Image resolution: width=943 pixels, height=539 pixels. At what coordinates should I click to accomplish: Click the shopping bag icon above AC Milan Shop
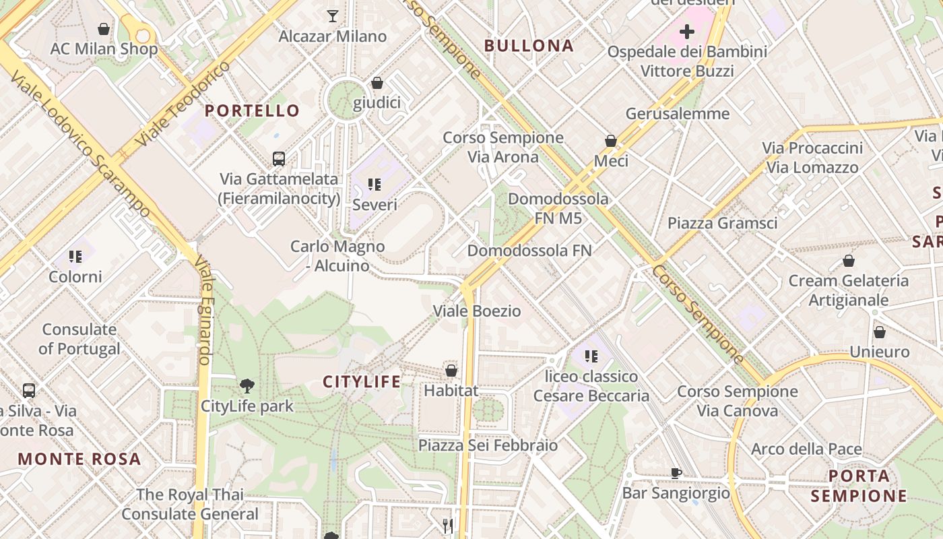(104, 29)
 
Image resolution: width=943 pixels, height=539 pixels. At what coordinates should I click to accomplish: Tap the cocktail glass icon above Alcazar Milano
(332, 15)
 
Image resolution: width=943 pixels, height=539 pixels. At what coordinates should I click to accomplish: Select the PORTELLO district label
(252, 110)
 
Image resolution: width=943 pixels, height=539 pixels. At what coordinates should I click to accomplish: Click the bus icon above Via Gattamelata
(279, 159)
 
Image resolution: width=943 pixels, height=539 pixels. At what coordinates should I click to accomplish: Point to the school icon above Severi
(375, 184)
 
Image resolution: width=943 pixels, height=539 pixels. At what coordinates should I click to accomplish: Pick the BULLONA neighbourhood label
(529, 46)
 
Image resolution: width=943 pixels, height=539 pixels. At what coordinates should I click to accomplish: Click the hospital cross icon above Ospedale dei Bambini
(687, 32)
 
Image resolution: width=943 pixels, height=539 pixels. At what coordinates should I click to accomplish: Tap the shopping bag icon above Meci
(611, 141)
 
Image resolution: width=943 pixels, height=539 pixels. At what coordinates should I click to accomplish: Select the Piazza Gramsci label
(722, 223)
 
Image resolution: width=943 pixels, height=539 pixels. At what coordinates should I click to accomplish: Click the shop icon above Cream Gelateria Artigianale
(849, 261)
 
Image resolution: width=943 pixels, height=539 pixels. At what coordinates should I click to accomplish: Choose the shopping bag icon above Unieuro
(879, 332)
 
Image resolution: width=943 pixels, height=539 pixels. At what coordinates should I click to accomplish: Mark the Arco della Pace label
(806, 449)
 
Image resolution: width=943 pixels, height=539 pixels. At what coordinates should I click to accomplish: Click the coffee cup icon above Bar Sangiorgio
(676, 473)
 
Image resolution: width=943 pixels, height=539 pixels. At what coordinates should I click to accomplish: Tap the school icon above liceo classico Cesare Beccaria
(591, 356)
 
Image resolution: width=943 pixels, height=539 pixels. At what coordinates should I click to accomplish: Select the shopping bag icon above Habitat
(451, 371)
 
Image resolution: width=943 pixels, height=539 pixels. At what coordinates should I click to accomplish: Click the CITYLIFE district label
(362, 382)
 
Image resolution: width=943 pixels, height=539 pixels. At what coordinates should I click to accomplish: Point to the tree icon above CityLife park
(247, 386)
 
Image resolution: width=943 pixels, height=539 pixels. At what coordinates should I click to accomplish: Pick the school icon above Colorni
(75, 257)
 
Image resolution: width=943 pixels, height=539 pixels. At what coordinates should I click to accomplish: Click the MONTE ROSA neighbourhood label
(79, 459)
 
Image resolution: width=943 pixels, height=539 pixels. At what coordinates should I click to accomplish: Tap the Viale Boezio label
(477, 311)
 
